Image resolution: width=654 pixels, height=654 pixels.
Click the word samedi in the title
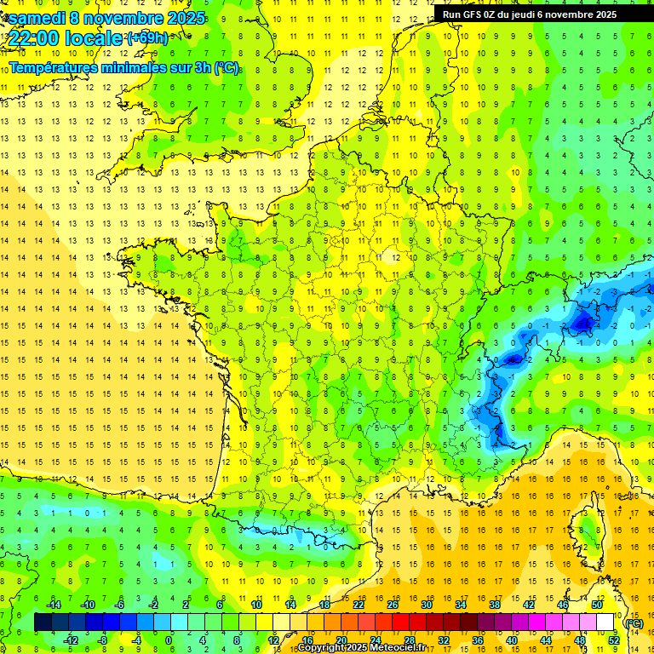pyautogui.click(x=36, y=17)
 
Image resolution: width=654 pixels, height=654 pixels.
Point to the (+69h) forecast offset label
pyautogui.click(x=147, y=37)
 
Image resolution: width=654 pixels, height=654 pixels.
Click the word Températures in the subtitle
pyautogui.click(x=58, y=67)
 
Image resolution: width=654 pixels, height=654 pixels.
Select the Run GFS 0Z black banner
pyautogui.click(x=536, y=14)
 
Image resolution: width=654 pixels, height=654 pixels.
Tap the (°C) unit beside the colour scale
pyautogui.click(x=634, y=622)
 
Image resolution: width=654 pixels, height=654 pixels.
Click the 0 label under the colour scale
pyautogui.click(x=169, y=640)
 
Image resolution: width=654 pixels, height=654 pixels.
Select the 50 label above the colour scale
pyautogui.click(x=596, y=605)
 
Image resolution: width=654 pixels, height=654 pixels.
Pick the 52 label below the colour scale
pyautogui.click(x=613, y=640)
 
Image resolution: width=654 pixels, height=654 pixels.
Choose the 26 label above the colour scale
pyautogui.click(x=393, y=605)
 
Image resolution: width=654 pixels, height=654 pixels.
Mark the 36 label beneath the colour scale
pyautogui.click(x=477, y=640)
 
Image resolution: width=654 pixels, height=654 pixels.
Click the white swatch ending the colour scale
pyautogui.click(x=605, y=622)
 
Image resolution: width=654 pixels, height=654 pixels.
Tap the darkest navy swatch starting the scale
pyautogui.click(x=43, y=622)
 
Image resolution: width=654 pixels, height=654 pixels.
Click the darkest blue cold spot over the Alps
pyautogui.click(x=583, y=323)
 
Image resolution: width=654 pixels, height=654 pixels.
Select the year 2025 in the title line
pyautogui.click(x=184, y=17)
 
